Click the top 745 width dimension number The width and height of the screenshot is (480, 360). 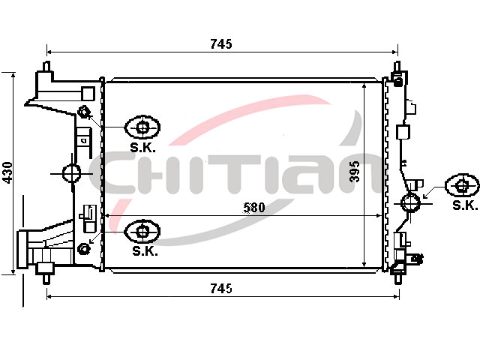coord(221,44)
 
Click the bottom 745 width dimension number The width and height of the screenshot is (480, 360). coord(221,288)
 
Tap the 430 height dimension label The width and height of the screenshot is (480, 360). coord(7,173)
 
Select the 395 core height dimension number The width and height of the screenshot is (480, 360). coord(355,171)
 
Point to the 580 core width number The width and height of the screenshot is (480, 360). coord(253,207)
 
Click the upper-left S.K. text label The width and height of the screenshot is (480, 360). coord(142,148)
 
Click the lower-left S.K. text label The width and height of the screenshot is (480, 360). coord(145,251)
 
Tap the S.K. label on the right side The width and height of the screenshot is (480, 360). coord(465,205)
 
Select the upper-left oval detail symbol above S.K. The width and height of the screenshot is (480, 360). coord(142,127)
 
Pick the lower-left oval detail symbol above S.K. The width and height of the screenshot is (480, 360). coord(142,231)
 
